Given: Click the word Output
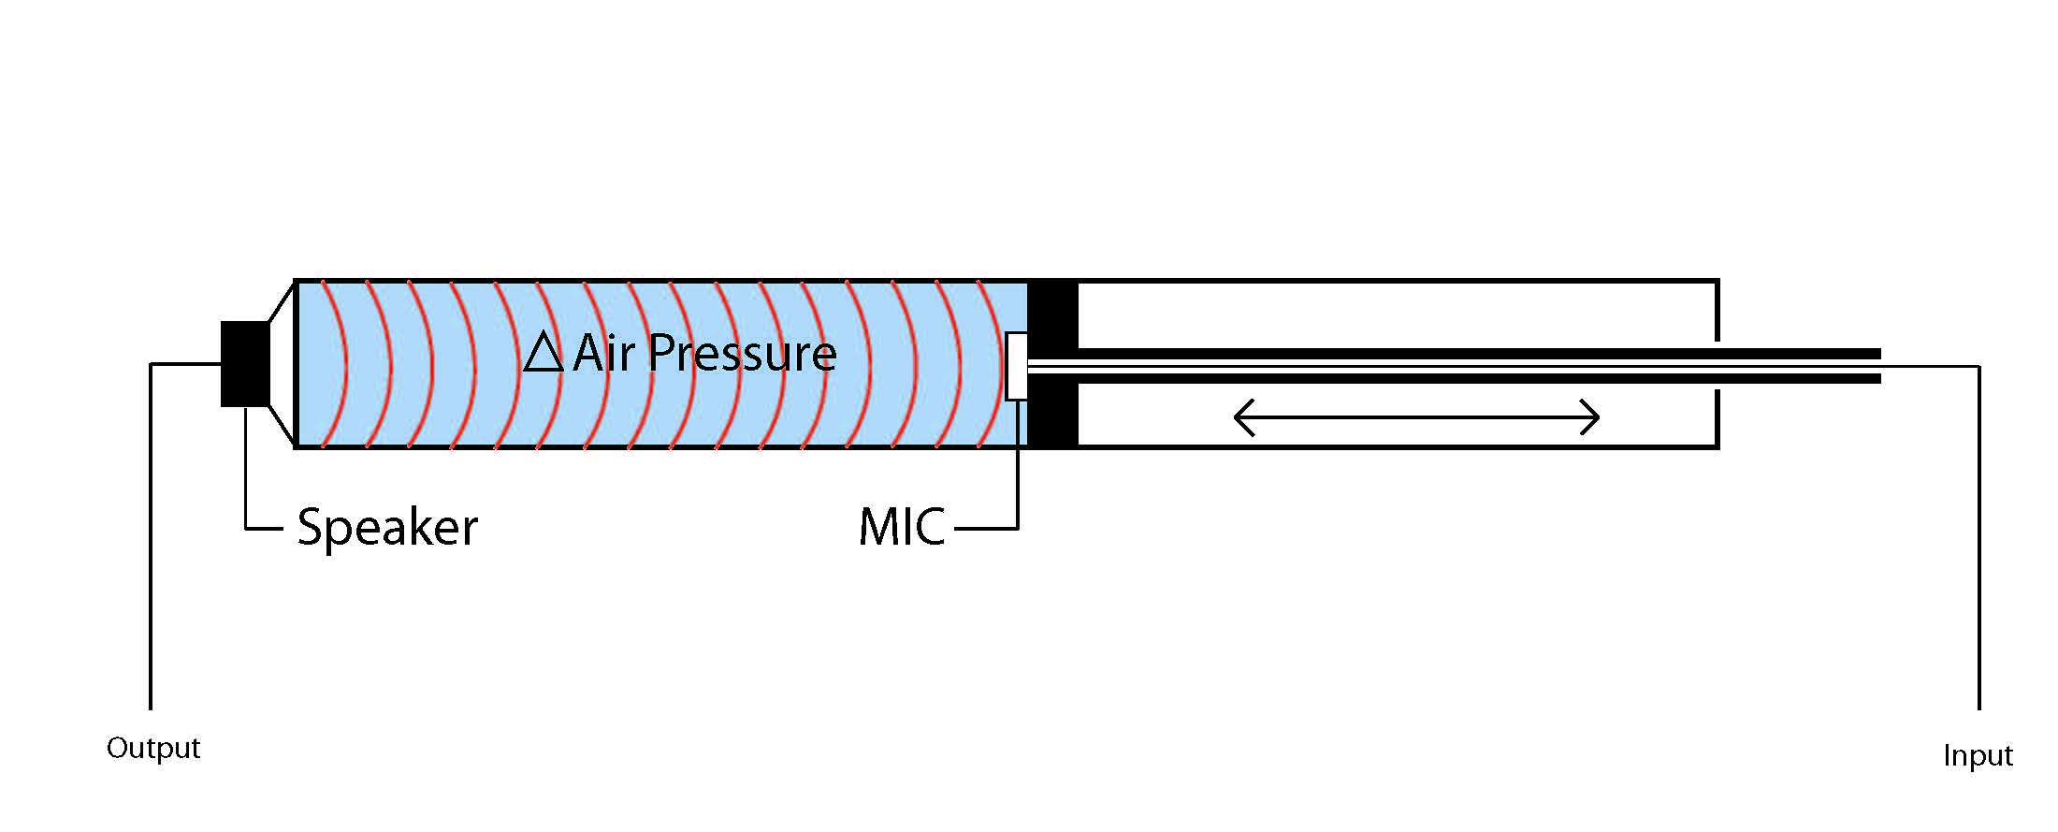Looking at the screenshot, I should point(153,748).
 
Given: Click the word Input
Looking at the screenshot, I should point(1978,755).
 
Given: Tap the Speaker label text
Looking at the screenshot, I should point(387,527).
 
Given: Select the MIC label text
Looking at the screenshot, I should point(902,527).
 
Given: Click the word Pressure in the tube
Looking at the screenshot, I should point(742,353).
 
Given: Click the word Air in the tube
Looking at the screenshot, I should point(603,353).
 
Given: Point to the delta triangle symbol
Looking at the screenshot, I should point(543,354).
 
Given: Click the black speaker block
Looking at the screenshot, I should point(245,364).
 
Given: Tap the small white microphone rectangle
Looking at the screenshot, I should point(1016,366).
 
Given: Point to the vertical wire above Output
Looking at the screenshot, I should point(151,533).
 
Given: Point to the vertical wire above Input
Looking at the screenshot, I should point(1979,533).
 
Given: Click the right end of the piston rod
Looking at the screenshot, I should point(1876,366).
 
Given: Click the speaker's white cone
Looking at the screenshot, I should point(282,364).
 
